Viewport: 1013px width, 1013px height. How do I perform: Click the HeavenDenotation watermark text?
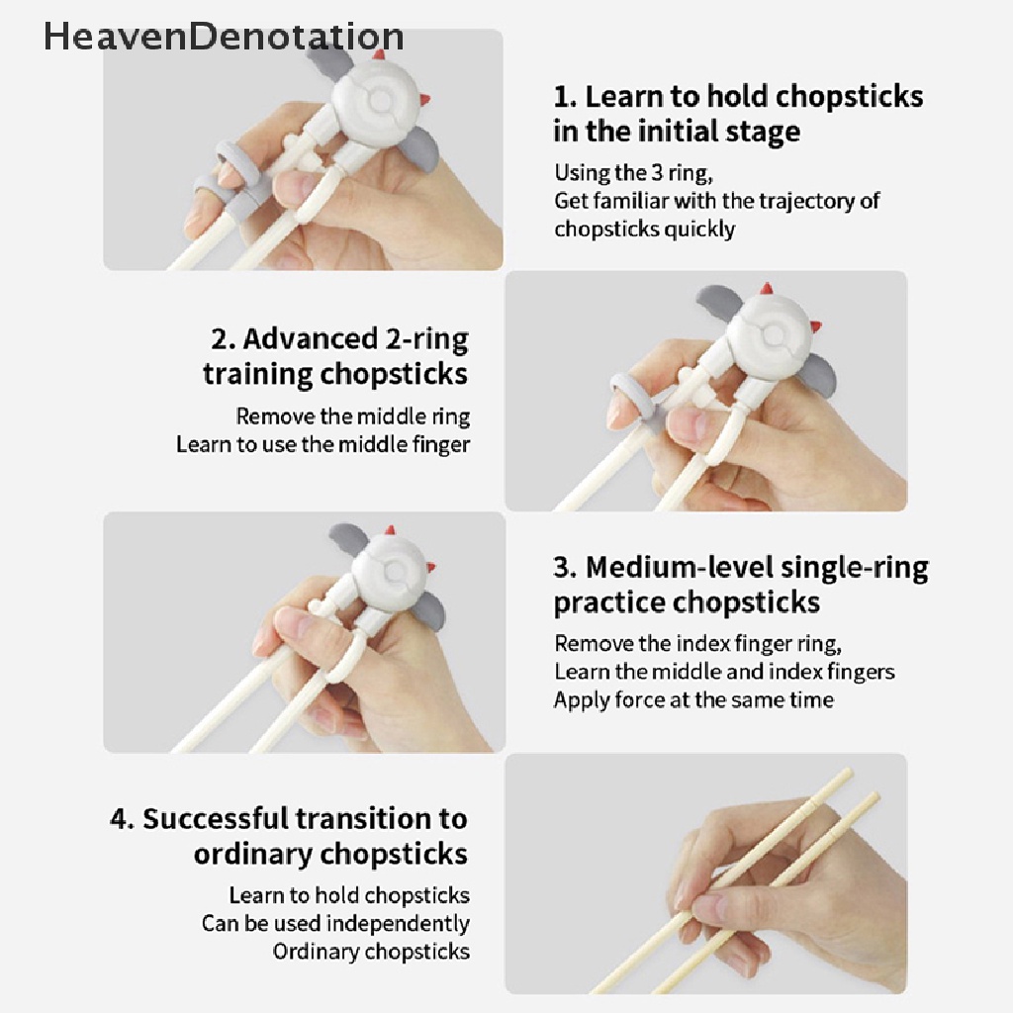click(x=224, y=37)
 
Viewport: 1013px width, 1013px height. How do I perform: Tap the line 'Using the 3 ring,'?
click(x=632, y=173)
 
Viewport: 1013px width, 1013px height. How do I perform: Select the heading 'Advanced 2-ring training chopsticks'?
click(x=336, y=356)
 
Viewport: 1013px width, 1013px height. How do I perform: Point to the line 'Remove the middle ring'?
click(x=352, y=416)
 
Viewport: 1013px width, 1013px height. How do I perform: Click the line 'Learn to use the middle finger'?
click(x=322, y=444)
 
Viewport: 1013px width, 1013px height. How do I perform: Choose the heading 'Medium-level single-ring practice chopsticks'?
click(x=740, y=584)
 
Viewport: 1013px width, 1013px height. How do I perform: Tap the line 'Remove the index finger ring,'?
click(x=697, y=644)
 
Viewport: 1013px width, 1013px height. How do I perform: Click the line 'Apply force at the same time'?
click(x=692, y=700)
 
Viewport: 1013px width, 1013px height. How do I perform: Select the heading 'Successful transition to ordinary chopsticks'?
click(x=289, y=836)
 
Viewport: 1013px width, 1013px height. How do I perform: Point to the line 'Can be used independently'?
click(x=335, y=923)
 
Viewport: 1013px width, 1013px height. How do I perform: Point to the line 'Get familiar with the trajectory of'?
click(x=716, y=201)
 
